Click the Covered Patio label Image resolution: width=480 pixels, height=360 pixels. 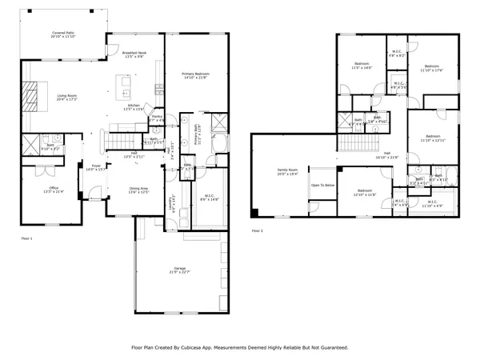62,35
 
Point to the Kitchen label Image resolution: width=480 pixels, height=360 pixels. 134,106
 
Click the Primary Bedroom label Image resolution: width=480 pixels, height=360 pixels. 195,75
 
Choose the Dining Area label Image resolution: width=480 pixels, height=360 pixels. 139,190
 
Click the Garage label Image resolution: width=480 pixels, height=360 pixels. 179,271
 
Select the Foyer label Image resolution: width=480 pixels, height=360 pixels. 95,167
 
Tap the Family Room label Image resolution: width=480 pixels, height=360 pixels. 288,171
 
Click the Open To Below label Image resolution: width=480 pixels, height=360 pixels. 323,185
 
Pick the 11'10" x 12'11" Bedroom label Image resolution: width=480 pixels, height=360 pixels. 433,138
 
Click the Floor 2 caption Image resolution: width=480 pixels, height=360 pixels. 257,230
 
